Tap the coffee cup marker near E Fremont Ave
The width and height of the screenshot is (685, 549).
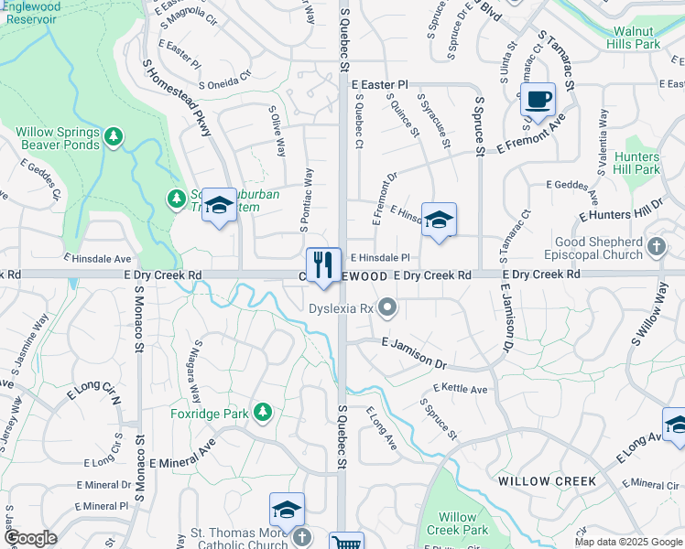538,99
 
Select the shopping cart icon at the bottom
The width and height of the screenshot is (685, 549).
347,543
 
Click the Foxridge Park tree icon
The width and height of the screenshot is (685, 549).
263,413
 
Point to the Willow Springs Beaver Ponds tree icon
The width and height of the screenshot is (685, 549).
114,137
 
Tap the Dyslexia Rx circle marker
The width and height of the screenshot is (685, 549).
388,308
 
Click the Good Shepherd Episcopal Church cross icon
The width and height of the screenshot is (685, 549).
656,245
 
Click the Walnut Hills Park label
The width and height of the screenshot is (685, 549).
636,38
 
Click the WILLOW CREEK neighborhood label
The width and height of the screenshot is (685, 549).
547,481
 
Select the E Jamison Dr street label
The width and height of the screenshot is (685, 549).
414,353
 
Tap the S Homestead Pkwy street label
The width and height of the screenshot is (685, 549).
177,98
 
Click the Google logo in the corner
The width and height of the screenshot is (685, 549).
30,538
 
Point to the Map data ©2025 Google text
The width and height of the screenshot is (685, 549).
627,542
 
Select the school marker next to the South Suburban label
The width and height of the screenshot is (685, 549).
219,207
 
